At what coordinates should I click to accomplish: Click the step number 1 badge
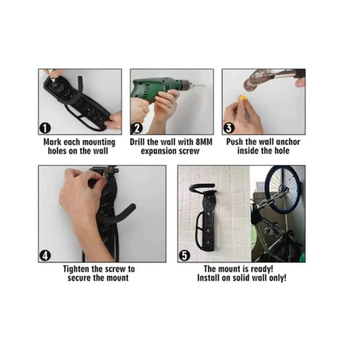pyautogui.click(x=45, y=128)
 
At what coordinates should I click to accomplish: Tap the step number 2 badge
pyautogui.click(x=137, y=128)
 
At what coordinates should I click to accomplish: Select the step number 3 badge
pyautogui.click(x=229, y=128)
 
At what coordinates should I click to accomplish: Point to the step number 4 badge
pyautogui.click(x=45, y=256)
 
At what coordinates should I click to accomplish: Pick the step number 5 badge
pyautogui.click(x=185, y=256)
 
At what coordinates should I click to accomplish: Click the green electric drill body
pyautogui.click(x=154, y=89)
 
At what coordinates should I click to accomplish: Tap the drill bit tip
pyautogui.click(x=204, y=86)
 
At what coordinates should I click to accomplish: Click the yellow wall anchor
pyautogui.click(x=243, y=98)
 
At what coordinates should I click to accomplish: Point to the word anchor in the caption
pyautogui.click(x=288, y=142)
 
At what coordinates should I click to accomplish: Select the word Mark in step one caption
pyautogui.click(x=52, y=142)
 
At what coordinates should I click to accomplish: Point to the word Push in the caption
pyautogui.click(x=234, y=142)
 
